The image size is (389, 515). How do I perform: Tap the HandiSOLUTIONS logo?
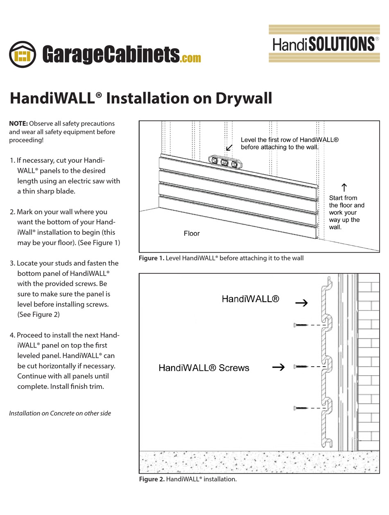click(x=323, y=44)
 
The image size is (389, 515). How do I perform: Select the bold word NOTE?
click(x=18, y=123)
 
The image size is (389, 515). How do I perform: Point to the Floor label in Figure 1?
click(x=191, y=233)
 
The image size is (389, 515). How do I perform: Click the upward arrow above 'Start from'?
click(x=344, y=188)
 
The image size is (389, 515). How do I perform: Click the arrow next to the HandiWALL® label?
click(x=301, y=303)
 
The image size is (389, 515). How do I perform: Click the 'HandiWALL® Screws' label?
click(x=204, y=368)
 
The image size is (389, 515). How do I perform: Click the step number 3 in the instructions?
click(x=12, y=263)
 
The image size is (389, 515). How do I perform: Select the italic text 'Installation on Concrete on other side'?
click(x=60, y=413)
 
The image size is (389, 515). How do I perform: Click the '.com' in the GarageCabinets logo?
click(x=190, y=58)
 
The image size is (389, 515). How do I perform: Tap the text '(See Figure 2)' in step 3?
click(x=38, y=314)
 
